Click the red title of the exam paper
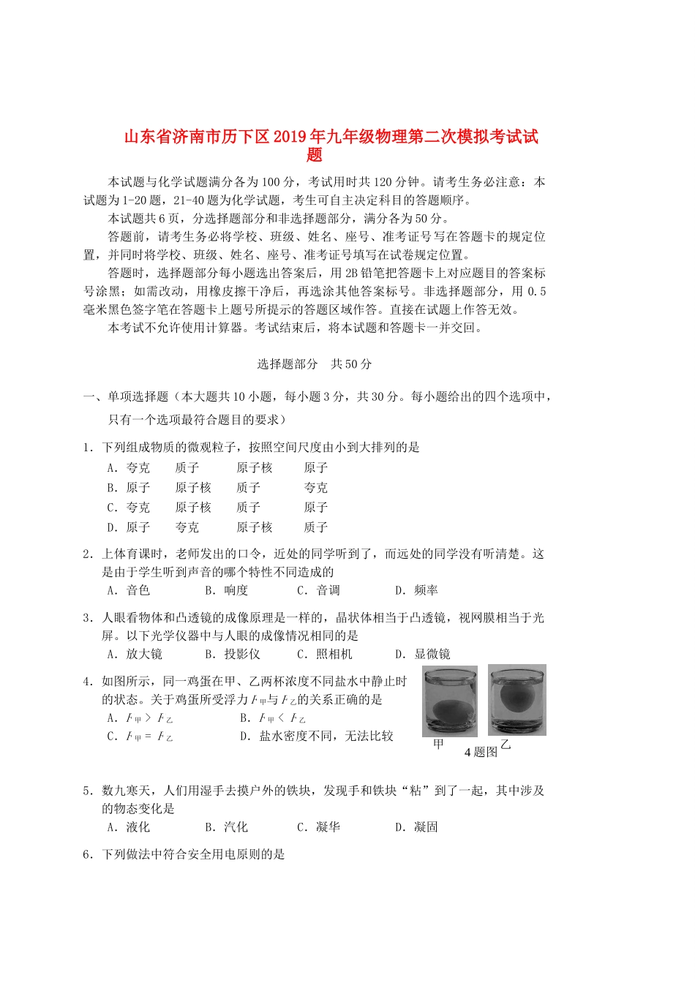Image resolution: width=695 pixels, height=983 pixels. [x=331, y=138]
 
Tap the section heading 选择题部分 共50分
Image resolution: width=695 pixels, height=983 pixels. [x=315, y=364]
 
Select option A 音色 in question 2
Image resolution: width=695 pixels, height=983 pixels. [x=129, y=590]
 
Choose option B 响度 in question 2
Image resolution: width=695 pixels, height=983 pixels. [x=227, y=590]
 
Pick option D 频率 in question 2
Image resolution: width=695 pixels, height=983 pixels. [x=417, y=590]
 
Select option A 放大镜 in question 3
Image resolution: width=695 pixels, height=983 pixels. [x=135, y=654]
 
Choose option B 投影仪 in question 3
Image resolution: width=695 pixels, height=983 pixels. [x=233, y=654]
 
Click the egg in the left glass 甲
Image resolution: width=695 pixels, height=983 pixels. [x=448, y=709]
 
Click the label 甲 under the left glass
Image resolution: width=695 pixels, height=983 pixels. [x=438, y=745]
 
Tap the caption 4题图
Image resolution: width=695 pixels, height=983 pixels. [x=481, y=752]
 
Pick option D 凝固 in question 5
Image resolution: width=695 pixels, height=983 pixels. [x=417, y=827]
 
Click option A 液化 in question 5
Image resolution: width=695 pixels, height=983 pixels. [x=129, y=827]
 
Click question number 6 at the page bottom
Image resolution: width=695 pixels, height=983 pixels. [x=87, y=854]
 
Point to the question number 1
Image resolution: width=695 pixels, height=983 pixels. [x=87, y=448]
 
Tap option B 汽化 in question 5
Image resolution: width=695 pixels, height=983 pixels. [x=227, y=827]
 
